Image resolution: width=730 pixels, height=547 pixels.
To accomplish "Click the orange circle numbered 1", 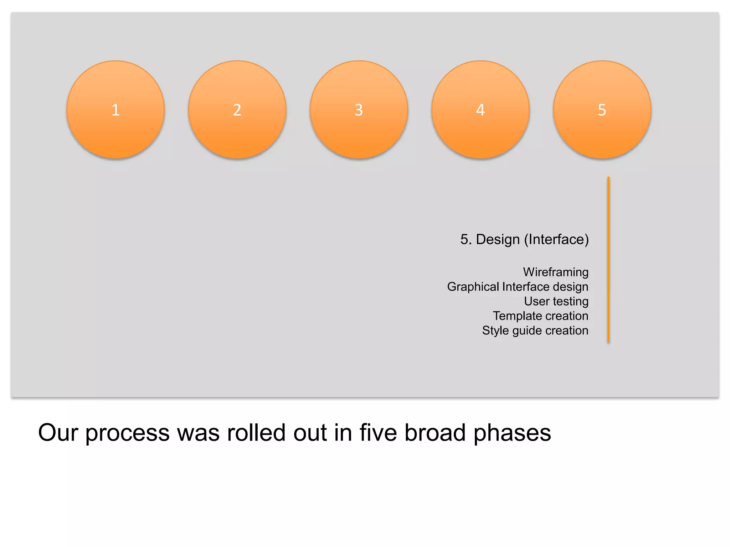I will pos(115,110).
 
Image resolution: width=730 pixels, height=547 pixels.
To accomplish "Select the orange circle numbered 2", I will pos(237,110).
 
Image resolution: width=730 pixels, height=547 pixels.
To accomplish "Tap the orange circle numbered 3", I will pos(359,110).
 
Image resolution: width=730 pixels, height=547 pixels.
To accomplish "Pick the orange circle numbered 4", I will pos(480,110).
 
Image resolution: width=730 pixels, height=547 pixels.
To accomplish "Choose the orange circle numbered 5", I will pos(602,110).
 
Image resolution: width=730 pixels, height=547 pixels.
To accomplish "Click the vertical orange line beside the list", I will pos(608,260).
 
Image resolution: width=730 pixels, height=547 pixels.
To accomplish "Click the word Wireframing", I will pos(556,272).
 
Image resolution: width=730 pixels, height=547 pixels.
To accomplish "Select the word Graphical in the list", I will pos(473,287).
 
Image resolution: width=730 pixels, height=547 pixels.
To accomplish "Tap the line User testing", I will pos(556,301).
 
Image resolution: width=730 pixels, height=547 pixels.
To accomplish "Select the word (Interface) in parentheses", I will pos(556,239).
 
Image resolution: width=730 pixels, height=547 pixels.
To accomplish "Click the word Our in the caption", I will pos(58,433).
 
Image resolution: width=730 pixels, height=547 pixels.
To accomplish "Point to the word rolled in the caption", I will pos(256,433).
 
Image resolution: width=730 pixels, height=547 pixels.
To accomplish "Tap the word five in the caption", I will pos(378,433).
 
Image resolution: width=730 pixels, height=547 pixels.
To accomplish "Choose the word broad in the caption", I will pos(435,433).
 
